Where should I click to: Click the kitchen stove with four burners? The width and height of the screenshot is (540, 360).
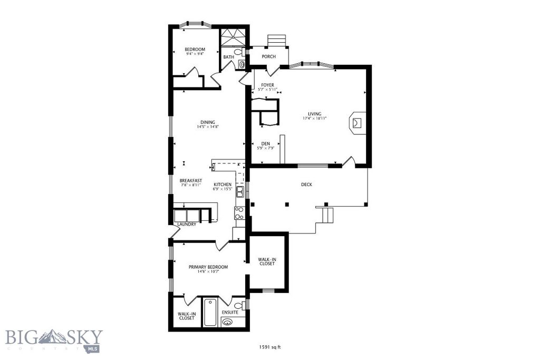239,212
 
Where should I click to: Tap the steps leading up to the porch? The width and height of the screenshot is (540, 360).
277,41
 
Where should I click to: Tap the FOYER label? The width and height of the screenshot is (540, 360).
267,84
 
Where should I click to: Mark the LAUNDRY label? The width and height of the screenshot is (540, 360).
187,224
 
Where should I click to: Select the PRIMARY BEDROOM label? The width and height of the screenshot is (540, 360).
208,267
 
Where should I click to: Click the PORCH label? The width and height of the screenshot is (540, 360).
269,56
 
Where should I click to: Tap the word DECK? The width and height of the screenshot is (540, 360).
306,184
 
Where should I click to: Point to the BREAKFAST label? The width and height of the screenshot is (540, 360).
190,180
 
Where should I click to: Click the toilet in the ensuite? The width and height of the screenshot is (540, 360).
238,306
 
